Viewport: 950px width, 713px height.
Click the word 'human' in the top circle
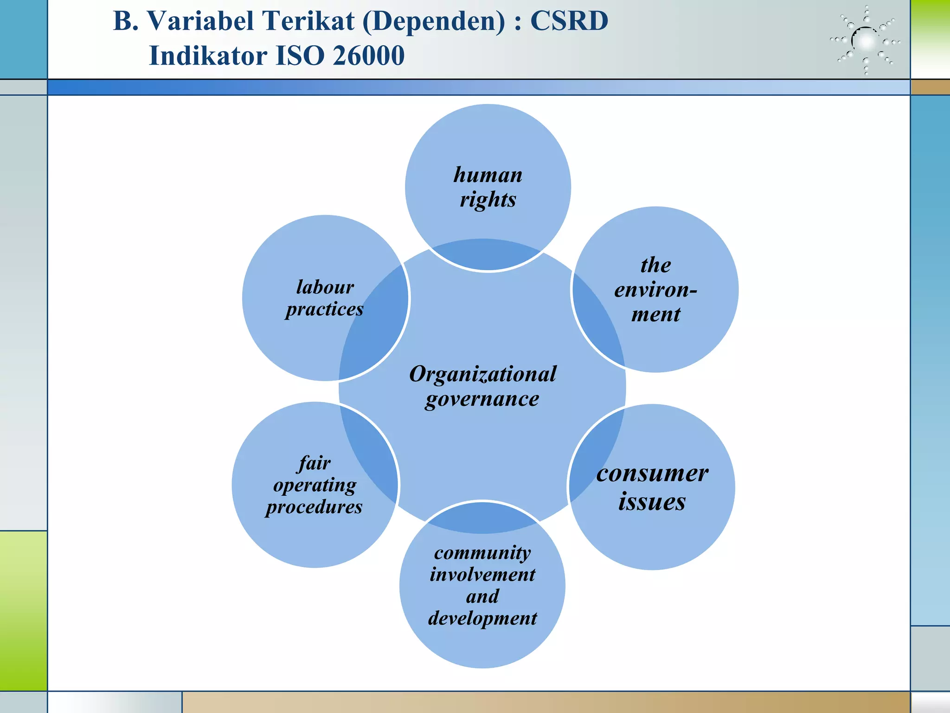pos(488,175)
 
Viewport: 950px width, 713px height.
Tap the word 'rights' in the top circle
pos(488,200)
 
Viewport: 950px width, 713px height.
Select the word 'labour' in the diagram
pos(325,287)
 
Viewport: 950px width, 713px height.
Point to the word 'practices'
pos(325,309)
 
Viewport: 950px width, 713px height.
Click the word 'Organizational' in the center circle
pos(482,374)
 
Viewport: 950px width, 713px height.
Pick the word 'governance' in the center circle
pos(482,399)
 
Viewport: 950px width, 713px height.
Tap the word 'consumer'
pos(652,473)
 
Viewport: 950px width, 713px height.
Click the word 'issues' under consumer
pos(652,502)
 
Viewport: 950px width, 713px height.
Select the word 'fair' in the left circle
pos(315,463)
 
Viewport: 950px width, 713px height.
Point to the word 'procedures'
pos(314,506)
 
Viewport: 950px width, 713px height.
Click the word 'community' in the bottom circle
pos(482,552)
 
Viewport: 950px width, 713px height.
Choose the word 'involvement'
pos(482,575)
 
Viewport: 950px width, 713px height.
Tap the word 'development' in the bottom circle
pos(482,618)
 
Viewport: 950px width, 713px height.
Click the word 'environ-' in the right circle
pos(655,290)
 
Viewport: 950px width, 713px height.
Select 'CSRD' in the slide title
pos(569,21)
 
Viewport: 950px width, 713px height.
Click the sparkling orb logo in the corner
pos(866,41)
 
